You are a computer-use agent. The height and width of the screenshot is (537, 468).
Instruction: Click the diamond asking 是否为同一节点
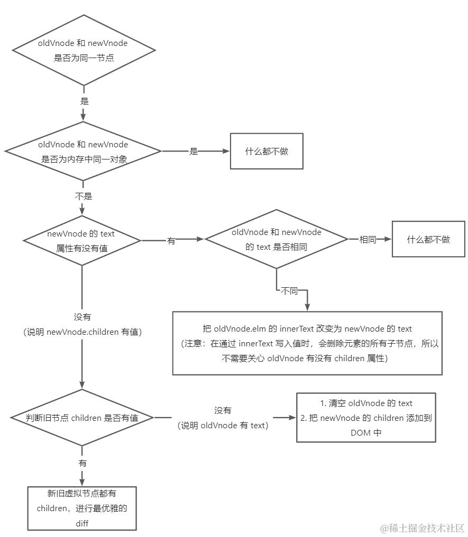tap(84, 51)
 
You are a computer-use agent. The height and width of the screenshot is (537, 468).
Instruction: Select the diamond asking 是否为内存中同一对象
tap(84, 152)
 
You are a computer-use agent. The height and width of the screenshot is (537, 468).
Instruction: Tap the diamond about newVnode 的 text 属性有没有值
tap(82, 240)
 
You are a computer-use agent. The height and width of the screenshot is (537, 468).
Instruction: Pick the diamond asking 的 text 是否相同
tap(276, 239)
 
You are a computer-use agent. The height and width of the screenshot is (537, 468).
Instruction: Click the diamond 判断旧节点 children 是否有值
tap(82, 418)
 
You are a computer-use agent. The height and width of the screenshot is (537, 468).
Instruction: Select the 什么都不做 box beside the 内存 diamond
tap(267, 151)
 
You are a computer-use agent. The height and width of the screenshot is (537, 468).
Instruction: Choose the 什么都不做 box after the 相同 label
tap(428, 239)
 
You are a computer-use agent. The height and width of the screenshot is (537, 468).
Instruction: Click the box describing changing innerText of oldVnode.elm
tap(307, 343)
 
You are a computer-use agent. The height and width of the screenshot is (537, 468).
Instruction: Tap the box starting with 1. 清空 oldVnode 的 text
tap(366, 417)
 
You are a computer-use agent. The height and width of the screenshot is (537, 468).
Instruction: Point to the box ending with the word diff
tap(82, 508)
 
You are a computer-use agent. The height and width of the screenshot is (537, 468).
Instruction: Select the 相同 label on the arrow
tap(368, 239)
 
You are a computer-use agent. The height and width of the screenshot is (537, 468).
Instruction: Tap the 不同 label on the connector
tap(289, 291)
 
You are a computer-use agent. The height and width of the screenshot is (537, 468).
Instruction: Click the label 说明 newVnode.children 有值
tap(82, 332)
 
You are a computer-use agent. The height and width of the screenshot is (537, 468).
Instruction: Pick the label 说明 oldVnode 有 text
tap(223, 426)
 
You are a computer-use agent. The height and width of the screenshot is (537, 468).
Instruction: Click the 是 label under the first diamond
tap(84, 100)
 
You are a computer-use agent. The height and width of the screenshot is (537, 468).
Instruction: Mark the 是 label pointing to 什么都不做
tap(194, 152)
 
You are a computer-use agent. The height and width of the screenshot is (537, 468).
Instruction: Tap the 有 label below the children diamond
tap(82, 463)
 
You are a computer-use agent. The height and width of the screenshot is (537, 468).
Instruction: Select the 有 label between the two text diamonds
tap(171, 240)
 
